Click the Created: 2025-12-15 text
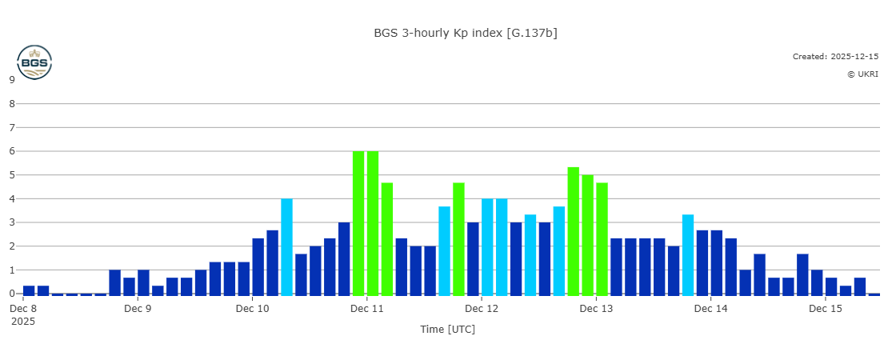(835, 57)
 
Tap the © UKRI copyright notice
(862, 74)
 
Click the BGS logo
(34, 62)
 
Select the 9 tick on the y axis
(12, 79)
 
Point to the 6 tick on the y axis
(12, 151)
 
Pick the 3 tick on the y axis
(12, 222)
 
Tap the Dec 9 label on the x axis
(138, 308)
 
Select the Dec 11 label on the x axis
(367, 308)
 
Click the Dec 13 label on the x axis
(596, 308)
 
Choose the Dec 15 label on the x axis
(826, 308)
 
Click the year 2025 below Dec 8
(23, 321)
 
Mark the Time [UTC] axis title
(447, 329)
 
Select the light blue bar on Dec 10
(286, 246)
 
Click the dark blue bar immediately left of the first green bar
(344, 258)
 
